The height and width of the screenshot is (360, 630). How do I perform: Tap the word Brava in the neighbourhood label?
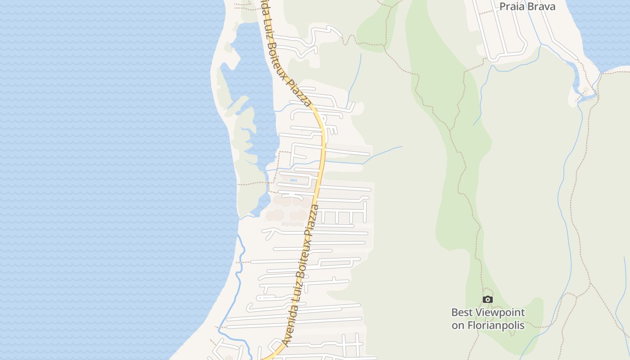540,6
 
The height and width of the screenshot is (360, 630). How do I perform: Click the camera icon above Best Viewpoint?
487,300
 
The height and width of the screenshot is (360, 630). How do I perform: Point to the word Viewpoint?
501,313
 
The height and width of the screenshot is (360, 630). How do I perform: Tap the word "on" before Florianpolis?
459,325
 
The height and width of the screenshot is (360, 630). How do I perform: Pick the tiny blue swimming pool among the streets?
293,180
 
